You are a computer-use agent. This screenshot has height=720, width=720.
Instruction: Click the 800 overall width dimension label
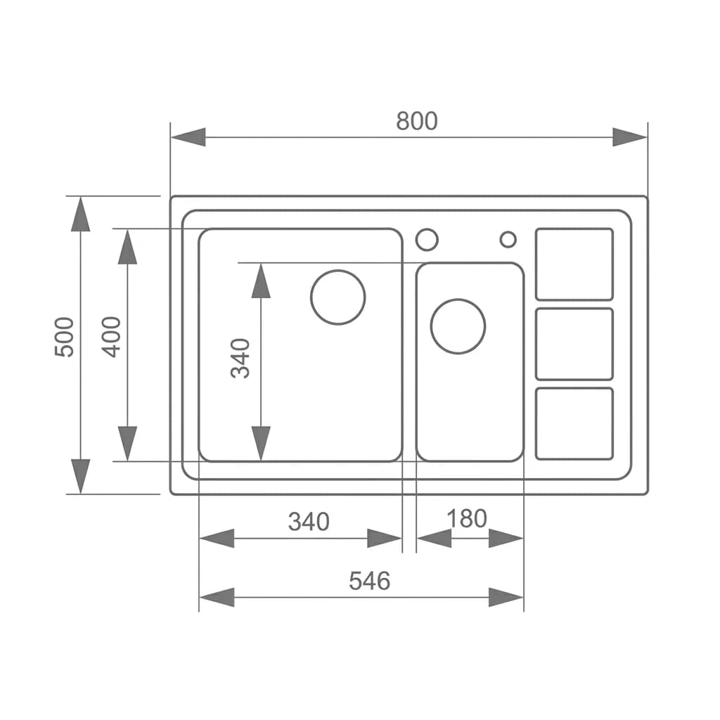click(416, 121)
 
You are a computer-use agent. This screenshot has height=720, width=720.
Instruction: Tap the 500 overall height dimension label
click(64, 337)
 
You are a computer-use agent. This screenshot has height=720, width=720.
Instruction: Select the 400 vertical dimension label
click(111, 337)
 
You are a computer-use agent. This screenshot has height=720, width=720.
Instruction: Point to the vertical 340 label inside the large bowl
click(240, 358)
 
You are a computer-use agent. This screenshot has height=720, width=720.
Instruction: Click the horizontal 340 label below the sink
click(309, 522)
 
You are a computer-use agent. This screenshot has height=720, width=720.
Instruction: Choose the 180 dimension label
click(467, 518)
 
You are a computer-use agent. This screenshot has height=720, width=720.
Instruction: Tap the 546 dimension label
click(370, 581)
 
